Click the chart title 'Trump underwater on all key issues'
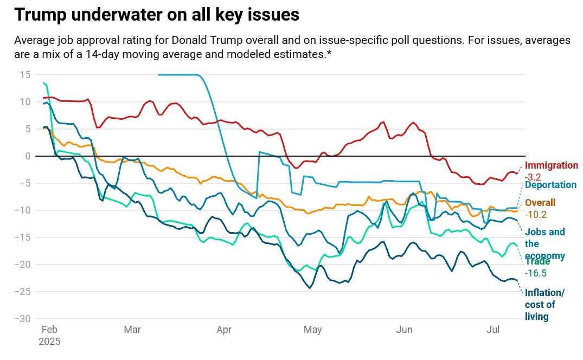157,15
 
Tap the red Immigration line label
552,165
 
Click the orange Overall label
540,203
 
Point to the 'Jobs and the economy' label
544,244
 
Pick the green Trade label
537,261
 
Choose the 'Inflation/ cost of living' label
544,305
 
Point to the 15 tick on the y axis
26,75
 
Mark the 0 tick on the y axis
28,156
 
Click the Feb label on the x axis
50,330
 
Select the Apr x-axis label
223,330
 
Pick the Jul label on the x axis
492,330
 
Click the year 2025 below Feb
50,342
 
